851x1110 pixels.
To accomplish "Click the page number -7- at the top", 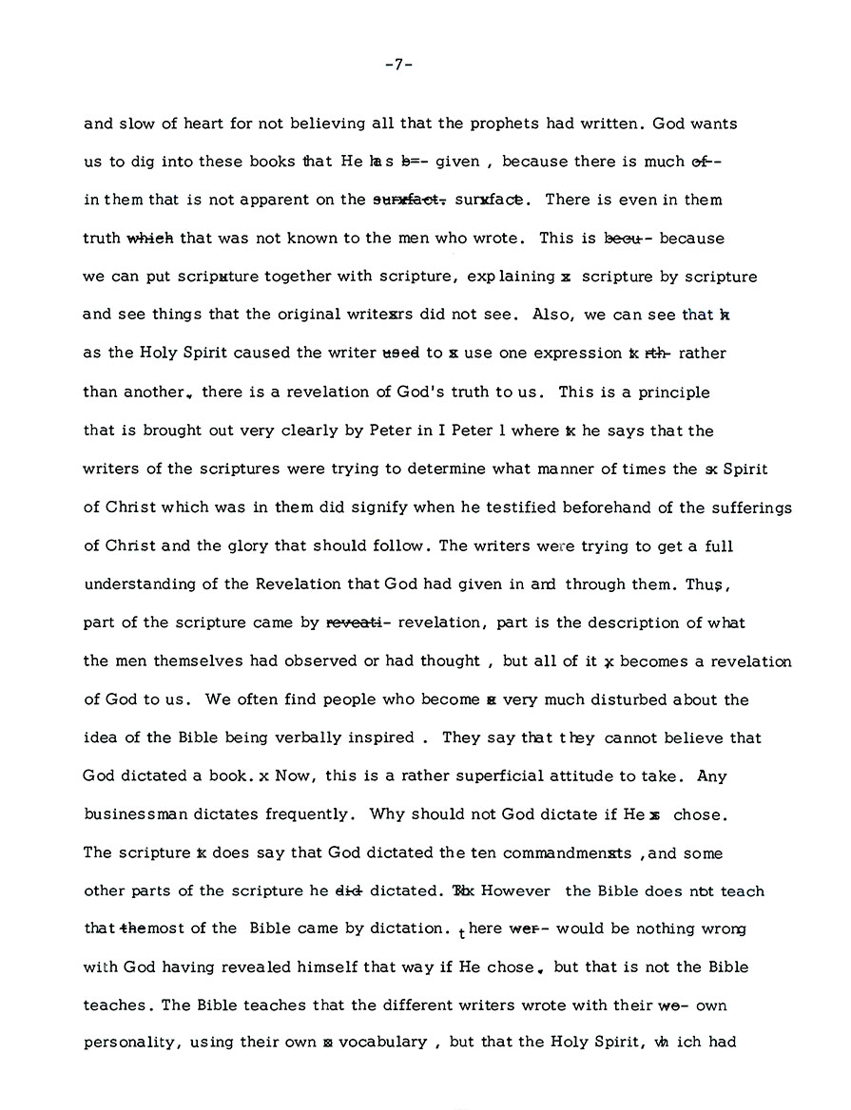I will point(398,66).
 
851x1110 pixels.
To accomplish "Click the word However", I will point(519,891).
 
